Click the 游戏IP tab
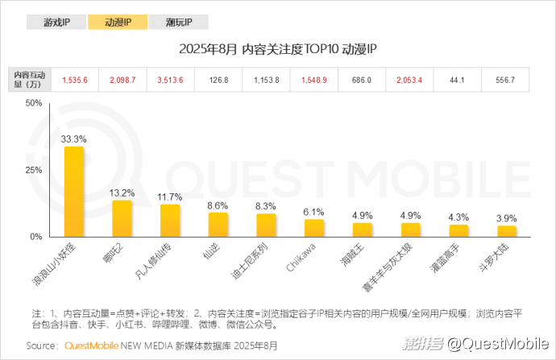pos(55,23)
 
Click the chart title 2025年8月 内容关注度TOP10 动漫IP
pos(278,50)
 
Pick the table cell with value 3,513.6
pos(170,81)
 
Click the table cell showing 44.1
pos(457,81)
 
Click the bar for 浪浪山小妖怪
pos(74,192)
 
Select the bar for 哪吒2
pos(122,218)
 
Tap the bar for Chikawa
pos(314,228)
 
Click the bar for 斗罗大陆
pos(505,231)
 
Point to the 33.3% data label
pos(74,139)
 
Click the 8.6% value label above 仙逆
pos(218,205)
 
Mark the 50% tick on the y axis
pos(34,104)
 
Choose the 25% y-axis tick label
pos(34,171)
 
